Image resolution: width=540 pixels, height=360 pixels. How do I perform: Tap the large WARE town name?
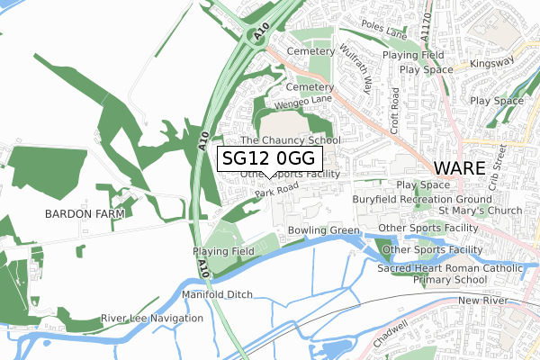click(459, 167)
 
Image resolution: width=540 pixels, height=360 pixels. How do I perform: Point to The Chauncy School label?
click(291, 140)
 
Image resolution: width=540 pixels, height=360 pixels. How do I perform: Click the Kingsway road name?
click(493, 62)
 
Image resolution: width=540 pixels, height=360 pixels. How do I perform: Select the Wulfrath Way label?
click(356, 73)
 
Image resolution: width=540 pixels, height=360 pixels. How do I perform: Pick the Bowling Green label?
click(324, 230)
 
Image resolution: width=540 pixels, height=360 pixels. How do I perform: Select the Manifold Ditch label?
click(217, 294)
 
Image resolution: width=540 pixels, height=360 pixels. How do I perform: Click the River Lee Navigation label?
click(152, 319)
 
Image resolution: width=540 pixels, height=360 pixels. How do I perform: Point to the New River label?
click(483, 300)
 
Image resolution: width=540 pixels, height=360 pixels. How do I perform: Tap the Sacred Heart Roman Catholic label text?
click(449, 268)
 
